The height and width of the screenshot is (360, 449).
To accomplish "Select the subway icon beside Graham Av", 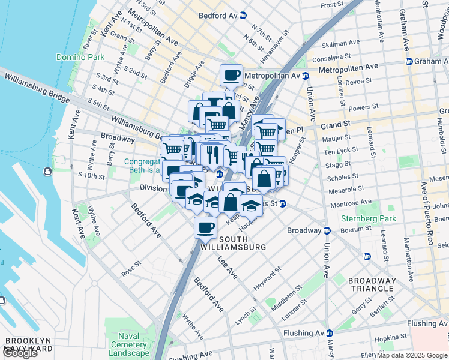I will click(409, 61).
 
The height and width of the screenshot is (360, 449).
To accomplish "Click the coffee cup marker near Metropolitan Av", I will click(231, 76).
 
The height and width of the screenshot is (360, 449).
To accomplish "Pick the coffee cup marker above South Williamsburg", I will click(205, 227).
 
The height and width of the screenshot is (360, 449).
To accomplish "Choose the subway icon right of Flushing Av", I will click(330, 333).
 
